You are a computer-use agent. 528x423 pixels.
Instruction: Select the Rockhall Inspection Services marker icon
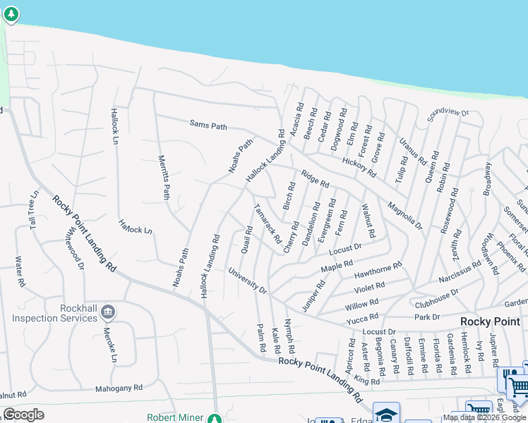pos(107,311)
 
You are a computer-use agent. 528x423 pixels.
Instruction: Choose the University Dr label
pos(248,280)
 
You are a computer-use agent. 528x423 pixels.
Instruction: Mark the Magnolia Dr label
pos(404,216)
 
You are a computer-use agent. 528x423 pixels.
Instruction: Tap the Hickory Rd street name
pos(359,167)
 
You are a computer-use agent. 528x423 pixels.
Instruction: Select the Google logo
pos(23,415)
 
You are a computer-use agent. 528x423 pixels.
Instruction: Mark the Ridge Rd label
pos(315,179)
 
